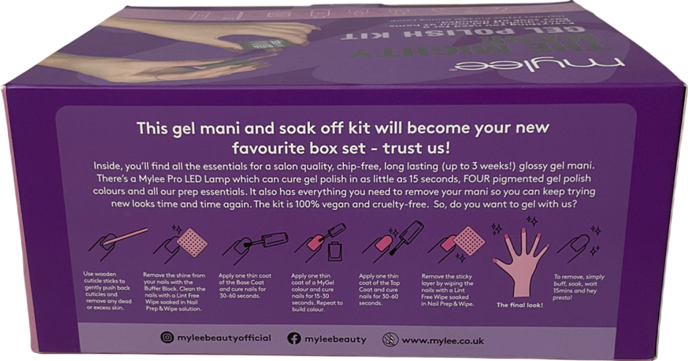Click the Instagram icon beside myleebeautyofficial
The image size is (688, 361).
(x=167, y=338)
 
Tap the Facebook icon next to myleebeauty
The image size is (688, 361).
(x=294, y=338)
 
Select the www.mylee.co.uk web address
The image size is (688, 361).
(x=442, y=340)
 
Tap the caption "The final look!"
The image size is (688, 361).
(x=519, y=305)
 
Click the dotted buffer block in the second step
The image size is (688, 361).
(x=192, y=241)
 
